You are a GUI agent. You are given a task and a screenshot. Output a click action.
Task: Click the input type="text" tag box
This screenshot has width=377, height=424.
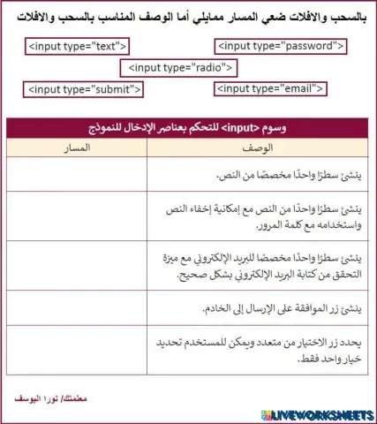(x=78, y=45)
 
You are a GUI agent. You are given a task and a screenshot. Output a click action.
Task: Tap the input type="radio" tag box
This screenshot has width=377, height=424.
(x=180, y=67)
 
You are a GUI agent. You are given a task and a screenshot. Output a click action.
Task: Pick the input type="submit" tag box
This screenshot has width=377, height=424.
(x=83, y=89)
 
